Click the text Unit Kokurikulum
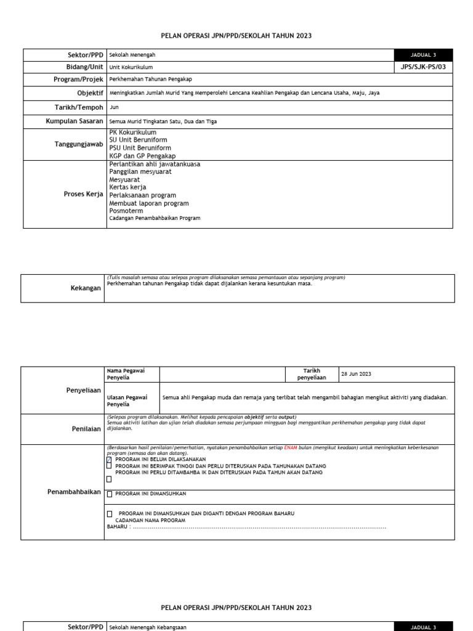[x=131, y=67]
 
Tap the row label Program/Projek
[x=78, y=79]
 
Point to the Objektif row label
[x=90, y=92]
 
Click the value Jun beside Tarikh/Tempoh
[x=113, y=107]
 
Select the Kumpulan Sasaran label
[x=74, y=121]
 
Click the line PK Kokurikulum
[x=132, y=132]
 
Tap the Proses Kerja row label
[x=83, y=194]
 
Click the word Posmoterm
[x=126, y=211]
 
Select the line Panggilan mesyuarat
[x=140, y=172]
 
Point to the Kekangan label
[x=86, y=288]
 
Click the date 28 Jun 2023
[x=357, y=374]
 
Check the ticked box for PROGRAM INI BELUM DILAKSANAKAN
[x=110, y=460]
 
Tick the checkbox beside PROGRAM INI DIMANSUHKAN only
[x=110, y=494]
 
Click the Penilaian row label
[x=86, y=429]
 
